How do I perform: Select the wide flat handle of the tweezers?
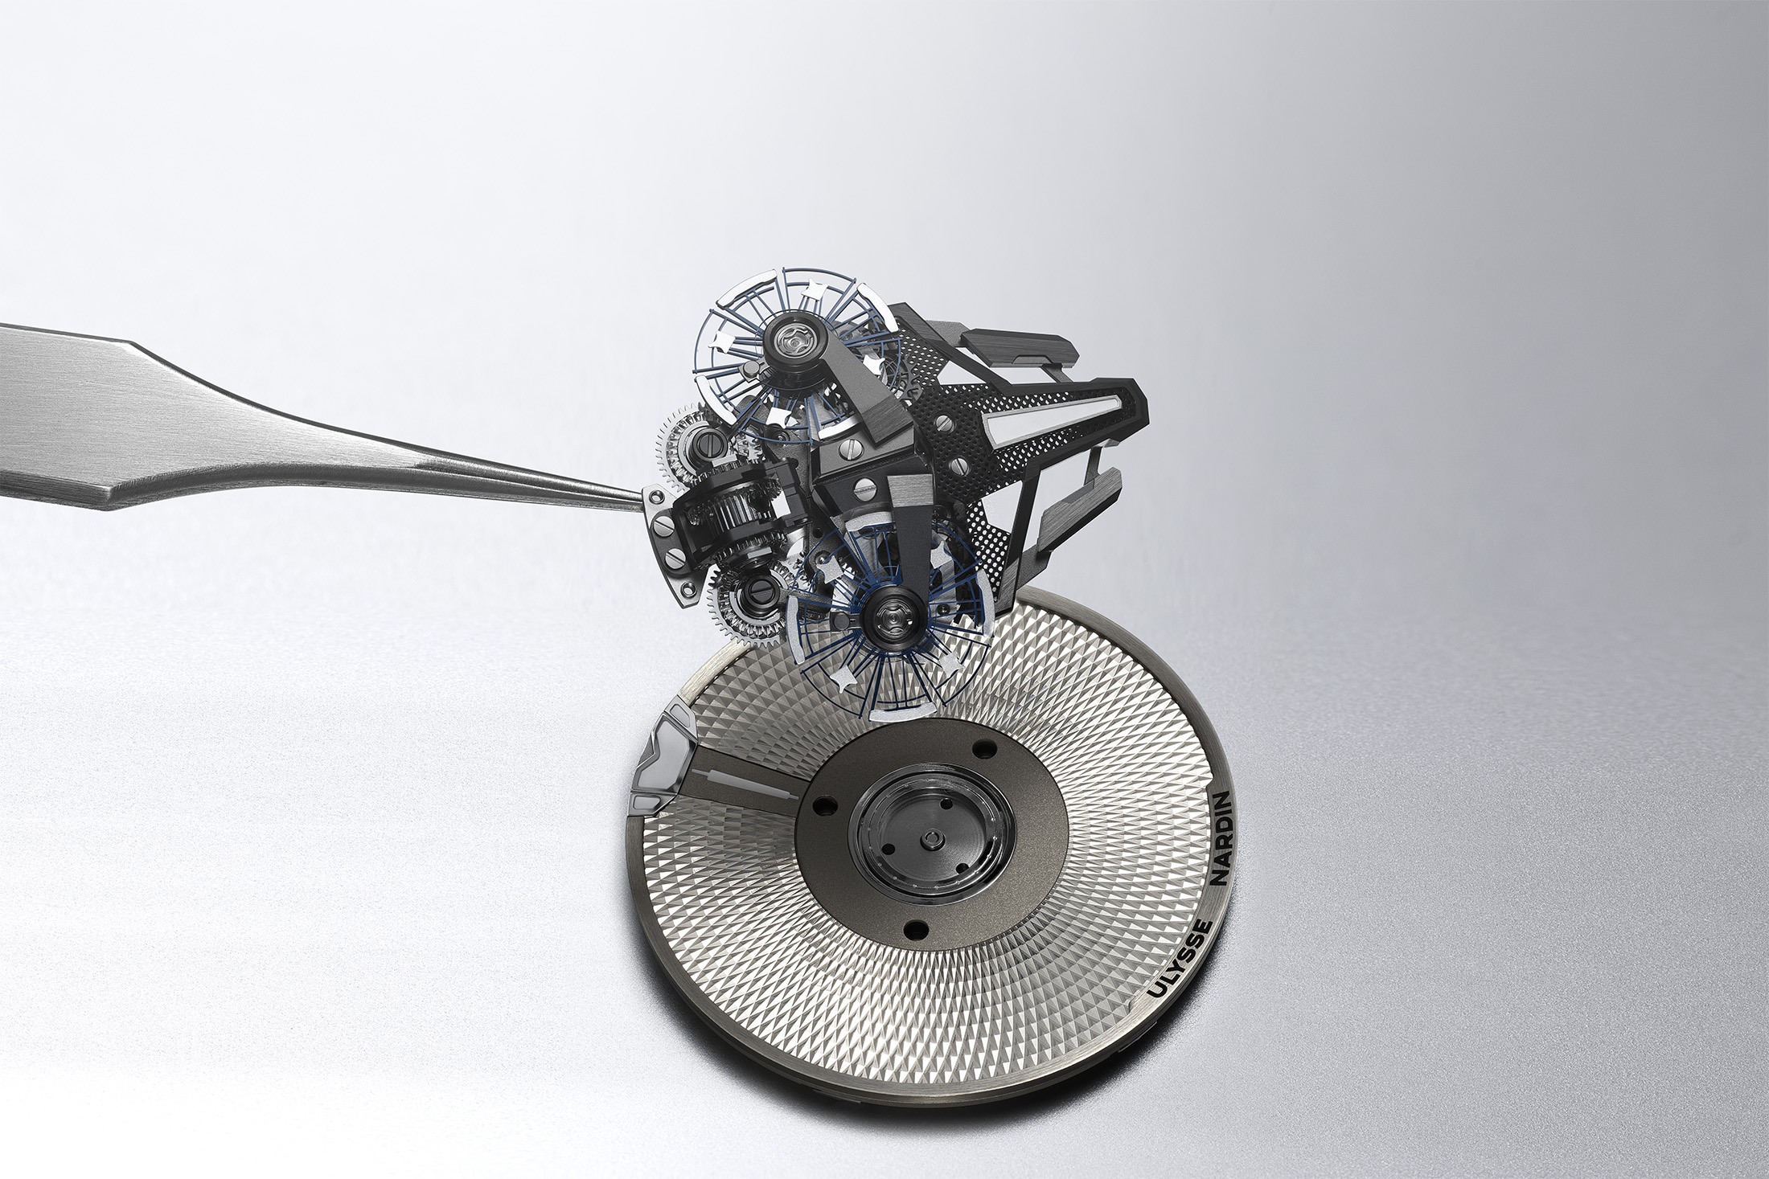click(x=121, y=406)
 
